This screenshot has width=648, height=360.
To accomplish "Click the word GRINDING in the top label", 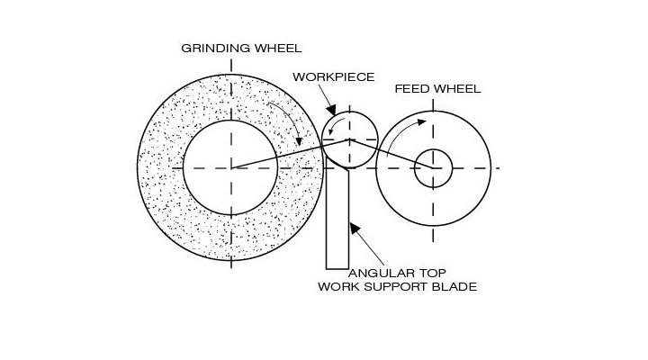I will click(x=210, y=48).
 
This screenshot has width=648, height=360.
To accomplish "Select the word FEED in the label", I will click(x=411, y=88).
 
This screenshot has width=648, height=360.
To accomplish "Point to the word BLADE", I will click(x=451, y=287).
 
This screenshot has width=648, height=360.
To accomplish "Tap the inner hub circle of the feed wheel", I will click(x=433, y=168).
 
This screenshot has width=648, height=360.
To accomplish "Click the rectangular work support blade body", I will click(x=337, y=225).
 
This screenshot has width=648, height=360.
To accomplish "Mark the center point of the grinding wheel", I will click(x=231, y=168).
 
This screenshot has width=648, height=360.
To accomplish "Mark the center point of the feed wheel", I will click(x=433, y=168).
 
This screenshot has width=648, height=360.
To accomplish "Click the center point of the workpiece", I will click(x=349, y=139).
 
